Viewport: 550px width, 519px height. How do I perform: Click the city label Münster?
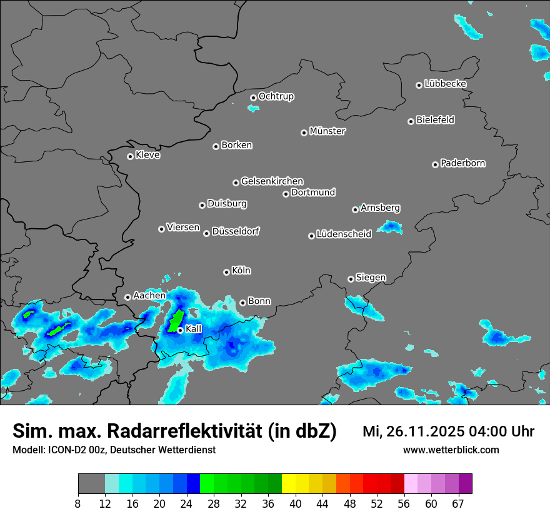click(x=327, y=131)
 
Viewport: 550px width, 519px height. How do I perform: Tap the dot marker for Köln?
click(x=226, y=272)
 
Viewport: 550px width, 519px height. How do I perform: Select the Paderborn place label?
click(x=463, y=163)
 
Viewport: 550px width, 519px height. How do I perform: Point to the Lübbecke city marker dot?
click(x=419, y=85)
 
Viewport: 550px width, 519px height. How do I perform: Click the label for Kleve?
click(x=148, y=155)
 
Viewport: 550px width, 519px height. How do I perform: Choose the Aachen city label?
click(x=149, y=295)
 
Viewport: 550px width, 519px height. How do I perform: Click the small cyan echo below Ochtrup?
click(x=252, y=108)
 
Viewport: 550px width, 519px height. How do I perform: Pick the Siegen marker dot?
click(x=351, y=279)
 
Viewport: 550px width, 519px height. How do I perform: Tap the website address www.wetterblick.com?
click(x=451, y=450)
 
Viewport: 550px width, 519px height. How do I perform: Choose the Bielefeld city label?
click(x=436, y=120)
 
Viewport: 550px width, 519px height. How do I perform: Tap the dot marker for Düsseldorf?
click(x=206, y=233)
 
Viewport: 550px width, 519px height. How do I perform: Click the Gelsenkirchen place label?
click(x=272, y=181)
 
